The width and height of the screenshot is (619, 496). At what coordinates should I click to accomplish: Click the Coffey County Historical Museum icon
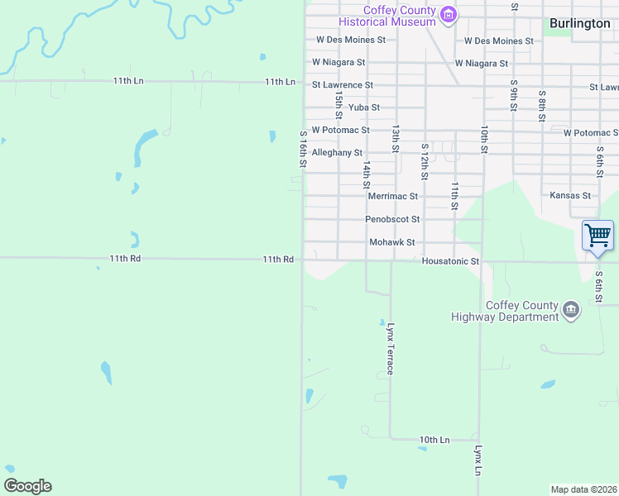click(x=449, y=14)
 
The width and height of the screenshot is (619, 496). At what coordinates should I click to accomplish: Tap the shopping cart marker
click(x=597, y=236)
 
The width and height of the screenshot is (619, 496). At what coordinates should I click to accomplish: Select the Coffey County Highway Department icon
click(x=571, y=310)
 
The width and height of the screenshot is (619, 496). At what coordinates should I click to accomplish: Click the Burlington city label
click(x=579, y=23)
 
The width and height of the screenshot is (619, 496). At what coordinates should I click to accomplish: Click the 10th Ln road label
click(x=434, y=440)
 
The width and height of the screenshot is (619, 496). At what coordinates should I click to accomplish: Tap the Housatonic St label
click(x=450, y=261)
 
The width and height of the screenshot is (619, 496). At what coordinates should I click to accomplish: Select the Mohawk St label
click(x=391, y=242)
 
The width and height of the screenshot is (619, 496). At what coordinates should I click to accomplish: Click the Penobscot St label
click(x=393, y=220)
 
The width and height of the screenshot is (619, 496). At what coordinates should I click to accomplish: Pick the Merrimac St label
click(x=392, y=197)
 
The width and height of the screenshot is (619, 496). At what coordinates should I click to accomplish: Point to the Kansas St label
click(x=570, y=196)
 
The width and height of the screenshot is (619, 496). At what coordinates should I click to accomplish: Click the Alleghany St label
click(x=337, y=153)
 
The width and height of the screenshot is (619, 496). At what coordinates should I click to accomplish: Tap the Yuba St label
click(x=364, y=107)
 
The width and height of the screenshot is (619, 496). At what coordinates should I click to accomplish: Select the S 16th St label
click(x=304, y=150)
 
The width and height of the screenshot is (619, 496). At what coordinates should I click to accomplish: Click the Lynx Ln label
click(x=478, y=460)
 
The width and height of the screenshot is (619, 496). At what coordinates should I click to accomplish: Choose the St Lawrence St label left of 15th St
click(x=343, y=85)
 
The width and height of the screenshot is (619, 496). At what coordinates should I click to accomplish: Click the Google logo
click(x=27, y=486)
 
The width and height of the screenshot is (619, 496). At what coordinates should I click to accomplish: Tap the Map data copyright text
click(x=584, y=489)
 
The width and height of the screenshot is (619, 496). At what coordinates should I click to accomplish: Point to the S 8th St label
click(x=542, y=106)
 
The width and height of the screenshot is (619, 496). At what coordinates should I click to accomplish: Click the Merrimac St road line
click(x=331, y=196)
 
